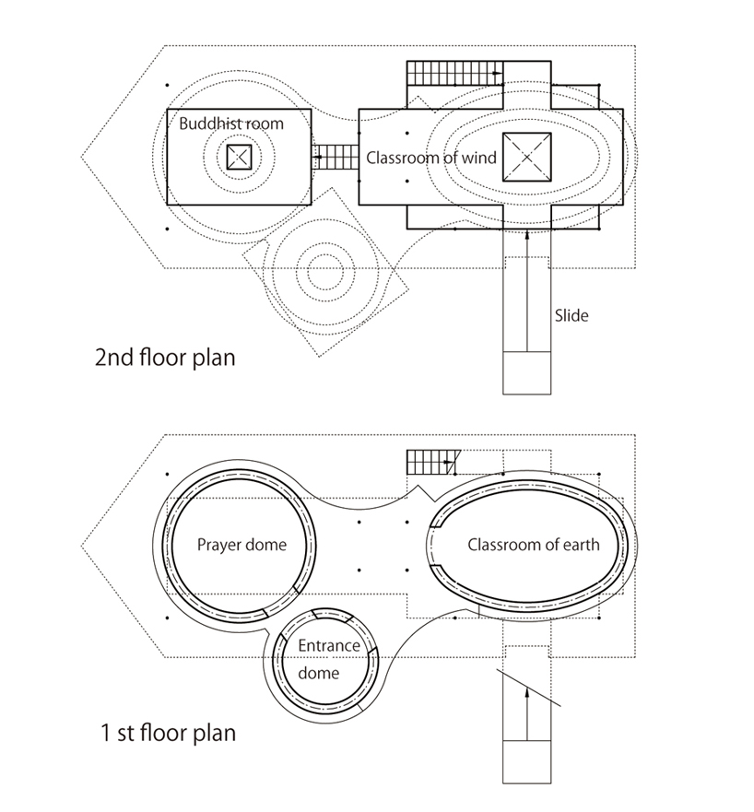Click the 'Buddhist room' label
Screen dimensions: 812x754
coord(231,124)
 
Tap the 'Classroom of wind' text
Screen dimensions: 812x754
coord(431,158)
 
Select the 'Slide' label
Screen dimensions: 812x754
coord(571,315)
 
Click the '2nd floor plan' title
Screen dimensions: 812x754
coord(165,357)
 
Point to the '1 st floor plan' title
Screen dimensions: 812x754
coord(168,735)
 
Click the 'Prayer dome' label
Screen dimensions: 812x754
coord(242,544)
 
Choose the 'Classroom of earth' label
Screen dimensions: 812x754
coord(533,544)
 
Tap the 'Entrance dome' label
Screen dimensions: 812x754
coord(328,659)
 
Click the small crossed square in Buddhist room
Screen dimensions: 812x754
coord(239,157)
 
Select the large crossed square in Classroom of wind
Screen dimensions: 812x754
coord(526,158)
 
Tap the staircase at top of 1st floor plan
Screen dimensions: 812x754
coord(433,461)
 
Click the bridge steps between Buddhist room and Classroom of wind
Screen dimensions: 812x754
coord(335,158)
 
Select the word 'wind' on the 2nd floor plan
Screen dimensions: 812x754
coord(480,158)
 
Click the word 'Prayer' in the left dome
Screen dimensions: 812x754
coord(219,544)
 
